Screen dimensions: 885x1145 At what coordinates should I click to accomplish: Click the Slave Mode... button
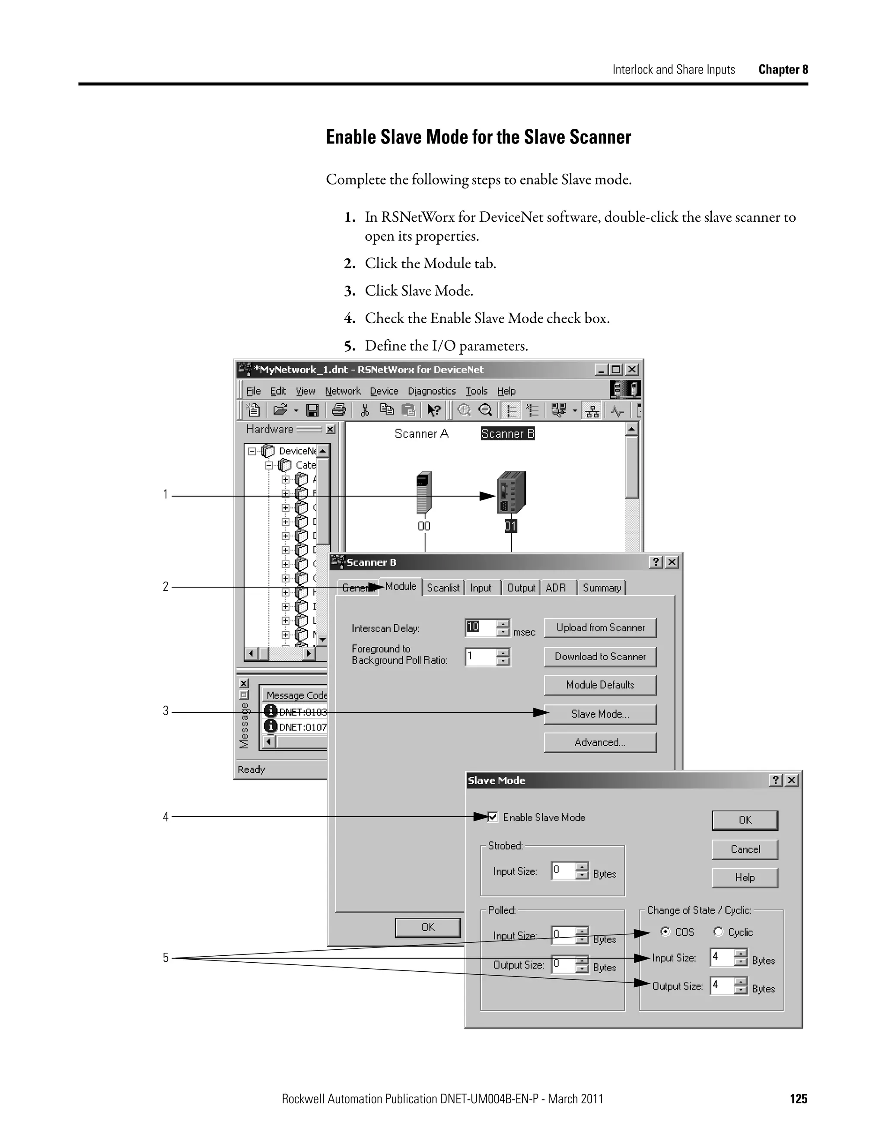point(600,714)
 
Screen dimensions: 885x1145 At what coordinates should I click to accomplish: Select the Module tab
point(401,586)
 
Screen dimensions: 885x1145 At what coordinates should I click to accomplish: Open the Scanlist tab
point(443,588)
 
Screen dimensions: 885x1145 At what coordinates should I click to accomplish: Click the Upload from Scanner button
point(600,627)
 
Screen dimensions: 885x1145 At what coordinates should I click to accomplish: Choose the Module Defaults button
point(600,685)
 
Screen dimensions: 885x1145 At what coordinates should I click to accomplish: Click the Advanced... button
point(600,742)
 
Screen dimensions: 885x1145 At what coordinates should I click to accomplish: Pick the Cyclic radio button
point(718,932)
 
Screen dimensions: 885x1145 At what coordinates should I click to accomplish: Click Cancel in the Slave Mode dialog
point(745,849)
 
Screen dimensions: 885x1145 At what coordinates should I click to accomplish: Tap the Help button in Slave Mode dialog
point(745,878)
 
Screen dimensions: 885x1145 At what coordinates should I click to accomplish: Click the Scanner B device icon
point(511,493)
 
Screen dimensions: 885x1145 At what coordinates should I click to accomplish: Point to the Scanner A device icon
point(423,493)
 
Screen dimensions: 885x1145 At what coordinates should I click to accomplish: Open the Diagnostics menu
point(432,391)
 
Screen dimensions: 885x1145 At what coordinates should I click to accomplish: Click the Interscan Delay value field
point(480,627)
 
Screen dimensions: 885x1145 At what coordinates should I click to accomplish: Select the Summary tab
point(602,588)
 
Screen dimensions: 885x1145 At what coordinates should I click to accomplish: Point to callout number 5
point(166,958)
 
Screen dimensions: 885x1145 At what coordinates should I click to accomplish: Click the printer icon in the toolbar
point(339,410)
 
